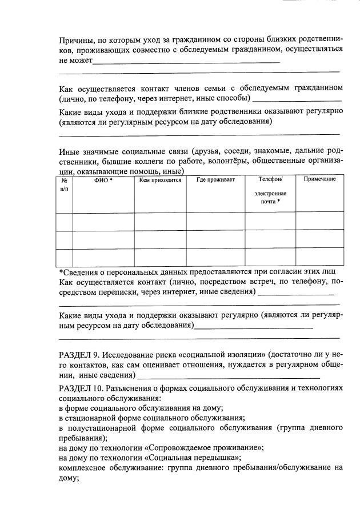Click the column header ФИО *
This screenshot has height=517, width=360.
[103, 180]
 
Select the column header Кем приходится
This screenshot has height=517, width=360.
[160, 180]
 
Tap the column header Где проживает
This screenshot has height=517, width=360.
[215, 180]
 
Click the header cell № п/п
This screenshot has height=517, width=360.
[64, 183]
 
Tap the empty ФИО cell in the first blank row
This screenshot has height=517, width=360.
[103, 221]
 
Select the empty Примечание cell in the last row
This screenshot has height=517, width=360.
[319, 257]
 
